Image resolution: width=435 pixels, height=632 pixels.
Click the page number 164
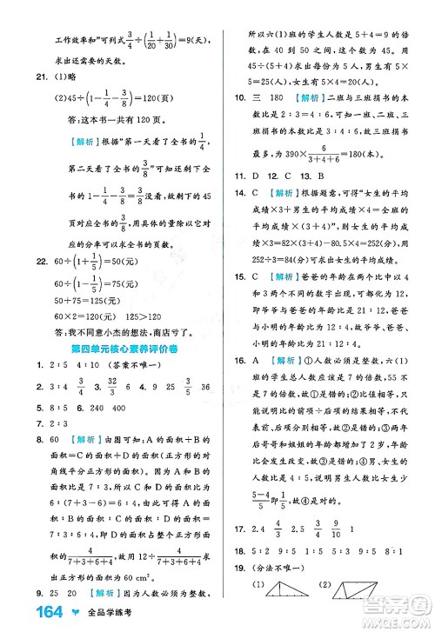click(27, 613)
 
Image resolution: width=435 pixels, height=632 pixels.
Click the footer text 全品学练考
click(91, 614)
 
